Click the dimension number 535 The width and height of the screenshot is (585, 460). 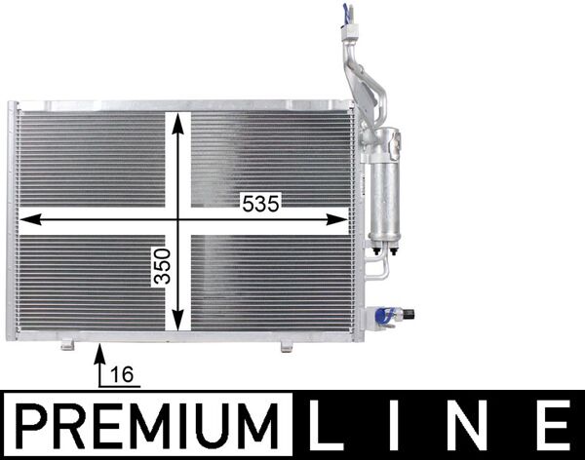(x=261, y=204)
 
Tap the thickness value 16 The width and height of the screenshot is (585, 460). (x=122, y=373)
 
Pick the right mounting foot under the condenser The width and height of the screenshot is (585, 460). (x=286, y=346)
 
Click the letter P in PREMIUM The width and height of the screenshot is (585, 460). (x=36, y=425)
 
